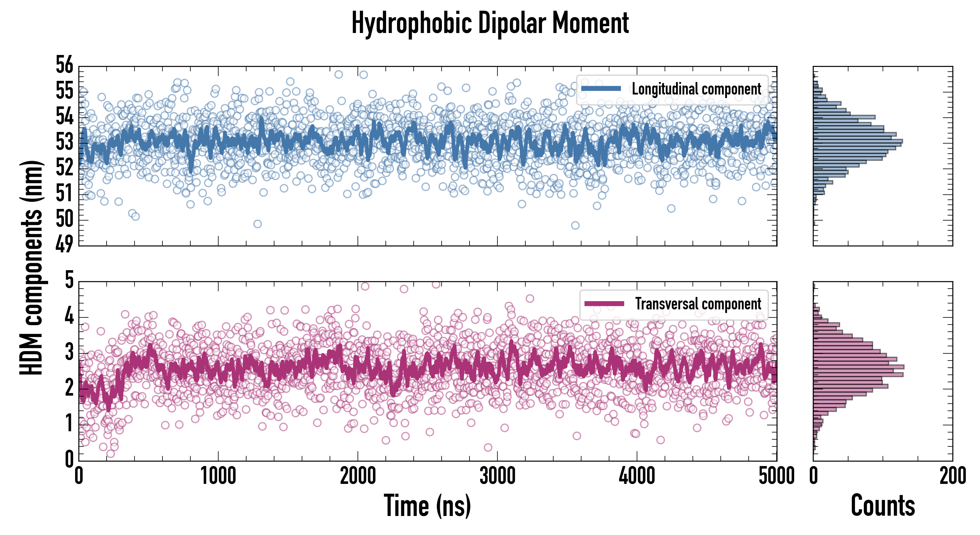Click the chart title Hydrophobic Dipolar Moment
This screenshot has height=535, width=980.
point(490,23)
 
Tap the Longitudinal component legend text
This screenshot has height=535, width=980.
point(696,89)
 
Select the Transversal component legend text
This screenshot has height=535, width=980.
point(698,304)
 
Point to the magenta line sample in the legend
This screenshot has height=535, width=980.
point(604,304)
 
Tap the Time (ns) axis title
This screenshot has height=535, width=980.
point(427,506)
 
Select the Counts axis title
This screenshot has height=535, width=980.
point(883,506)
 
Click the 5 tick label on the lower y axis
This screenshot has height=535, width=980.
point(69,281)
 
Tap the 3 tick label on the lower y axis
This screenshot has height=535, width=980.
point(69,352)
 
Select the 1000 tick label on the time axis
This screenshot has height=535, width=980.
point(218,476)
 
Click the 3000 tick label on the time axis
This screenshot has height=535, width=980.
point(497,476)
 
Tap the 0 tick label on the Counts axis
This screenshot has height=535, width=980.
point(814,476)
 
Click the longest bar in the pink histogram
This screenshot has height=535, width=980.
point(859,367)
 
